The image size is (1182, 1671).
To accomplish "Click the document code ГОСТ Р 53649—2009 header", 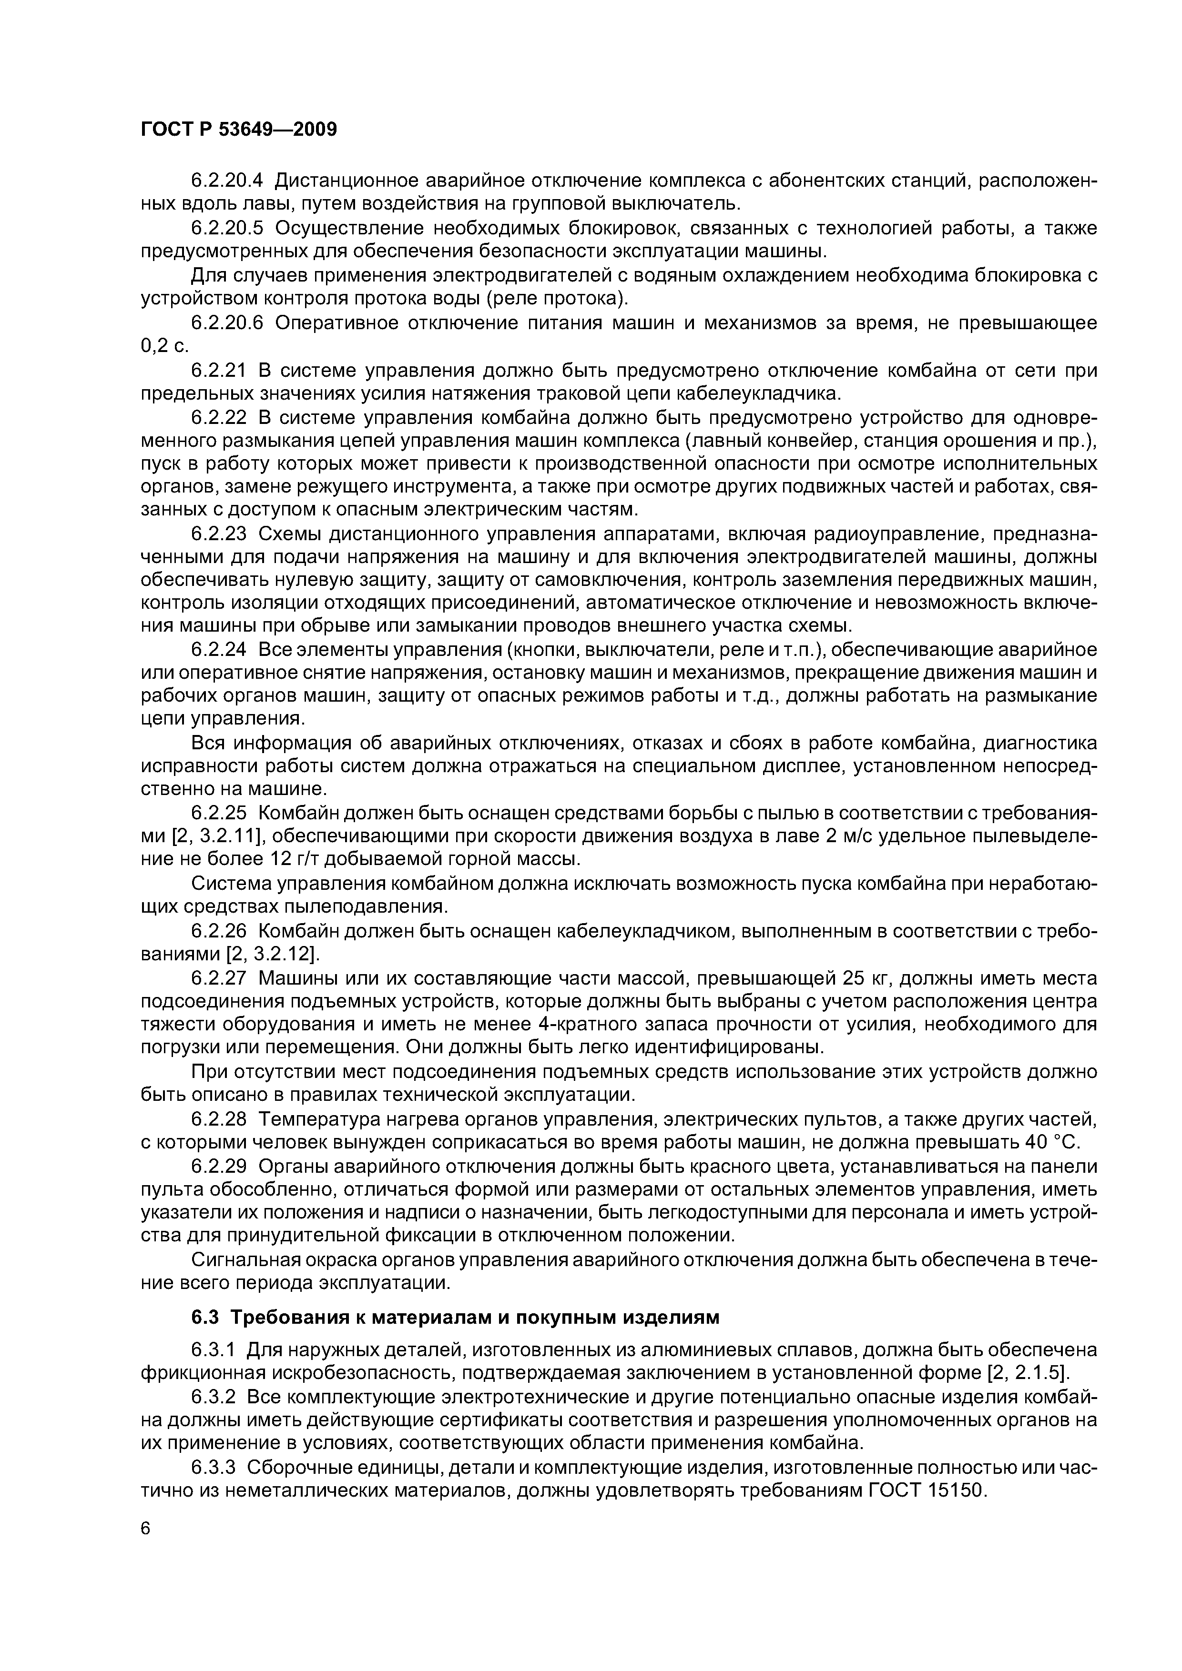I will (x=239, y=130).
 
